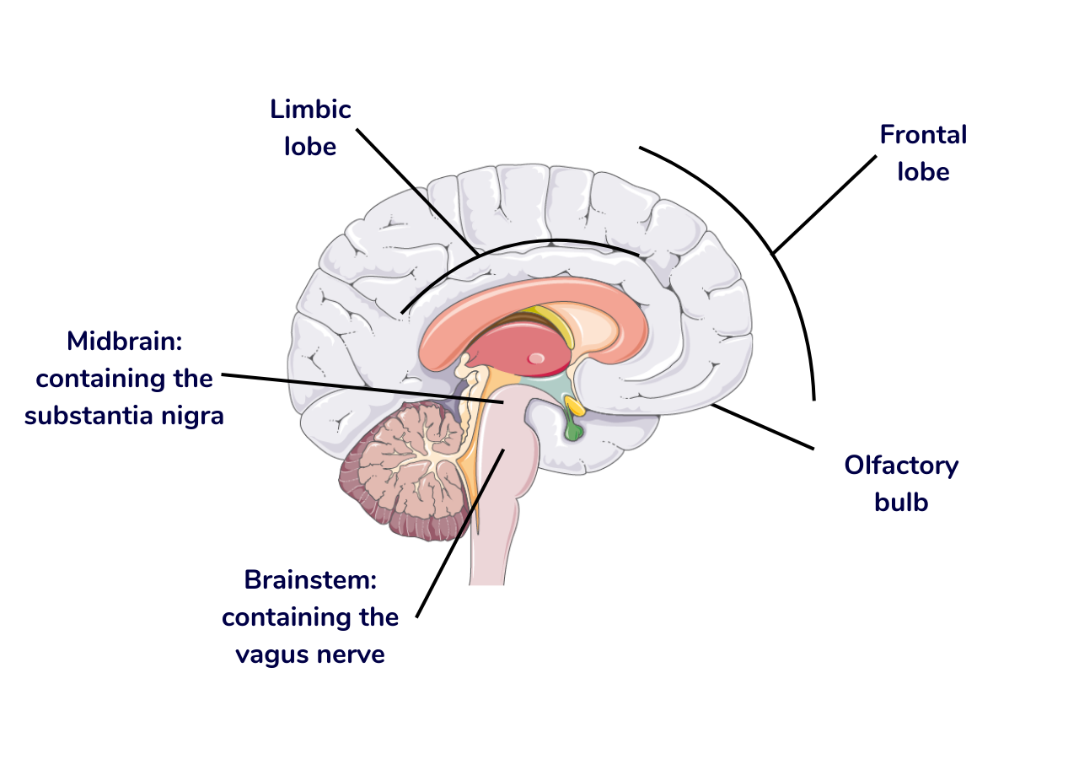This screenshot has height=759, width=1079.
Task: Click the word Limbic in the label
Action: point(310,110)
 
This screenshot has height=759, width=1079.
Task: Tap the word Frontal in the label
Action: point(923,135)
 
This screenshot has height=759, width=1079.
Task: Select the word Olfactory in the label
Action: point(901,466)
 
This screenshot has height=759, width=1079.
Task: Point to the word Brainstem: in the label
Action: point(309,580)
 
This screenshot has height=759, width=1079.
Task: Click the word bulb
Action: point(901,503)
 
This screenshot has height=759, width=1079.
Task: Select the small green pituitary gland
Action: point(574,432)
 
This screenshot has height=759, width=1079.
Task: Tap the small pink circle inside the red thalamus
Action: point(536,359)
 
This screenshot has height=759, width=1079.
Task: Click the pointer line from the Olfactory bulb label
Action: point(763,426)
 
